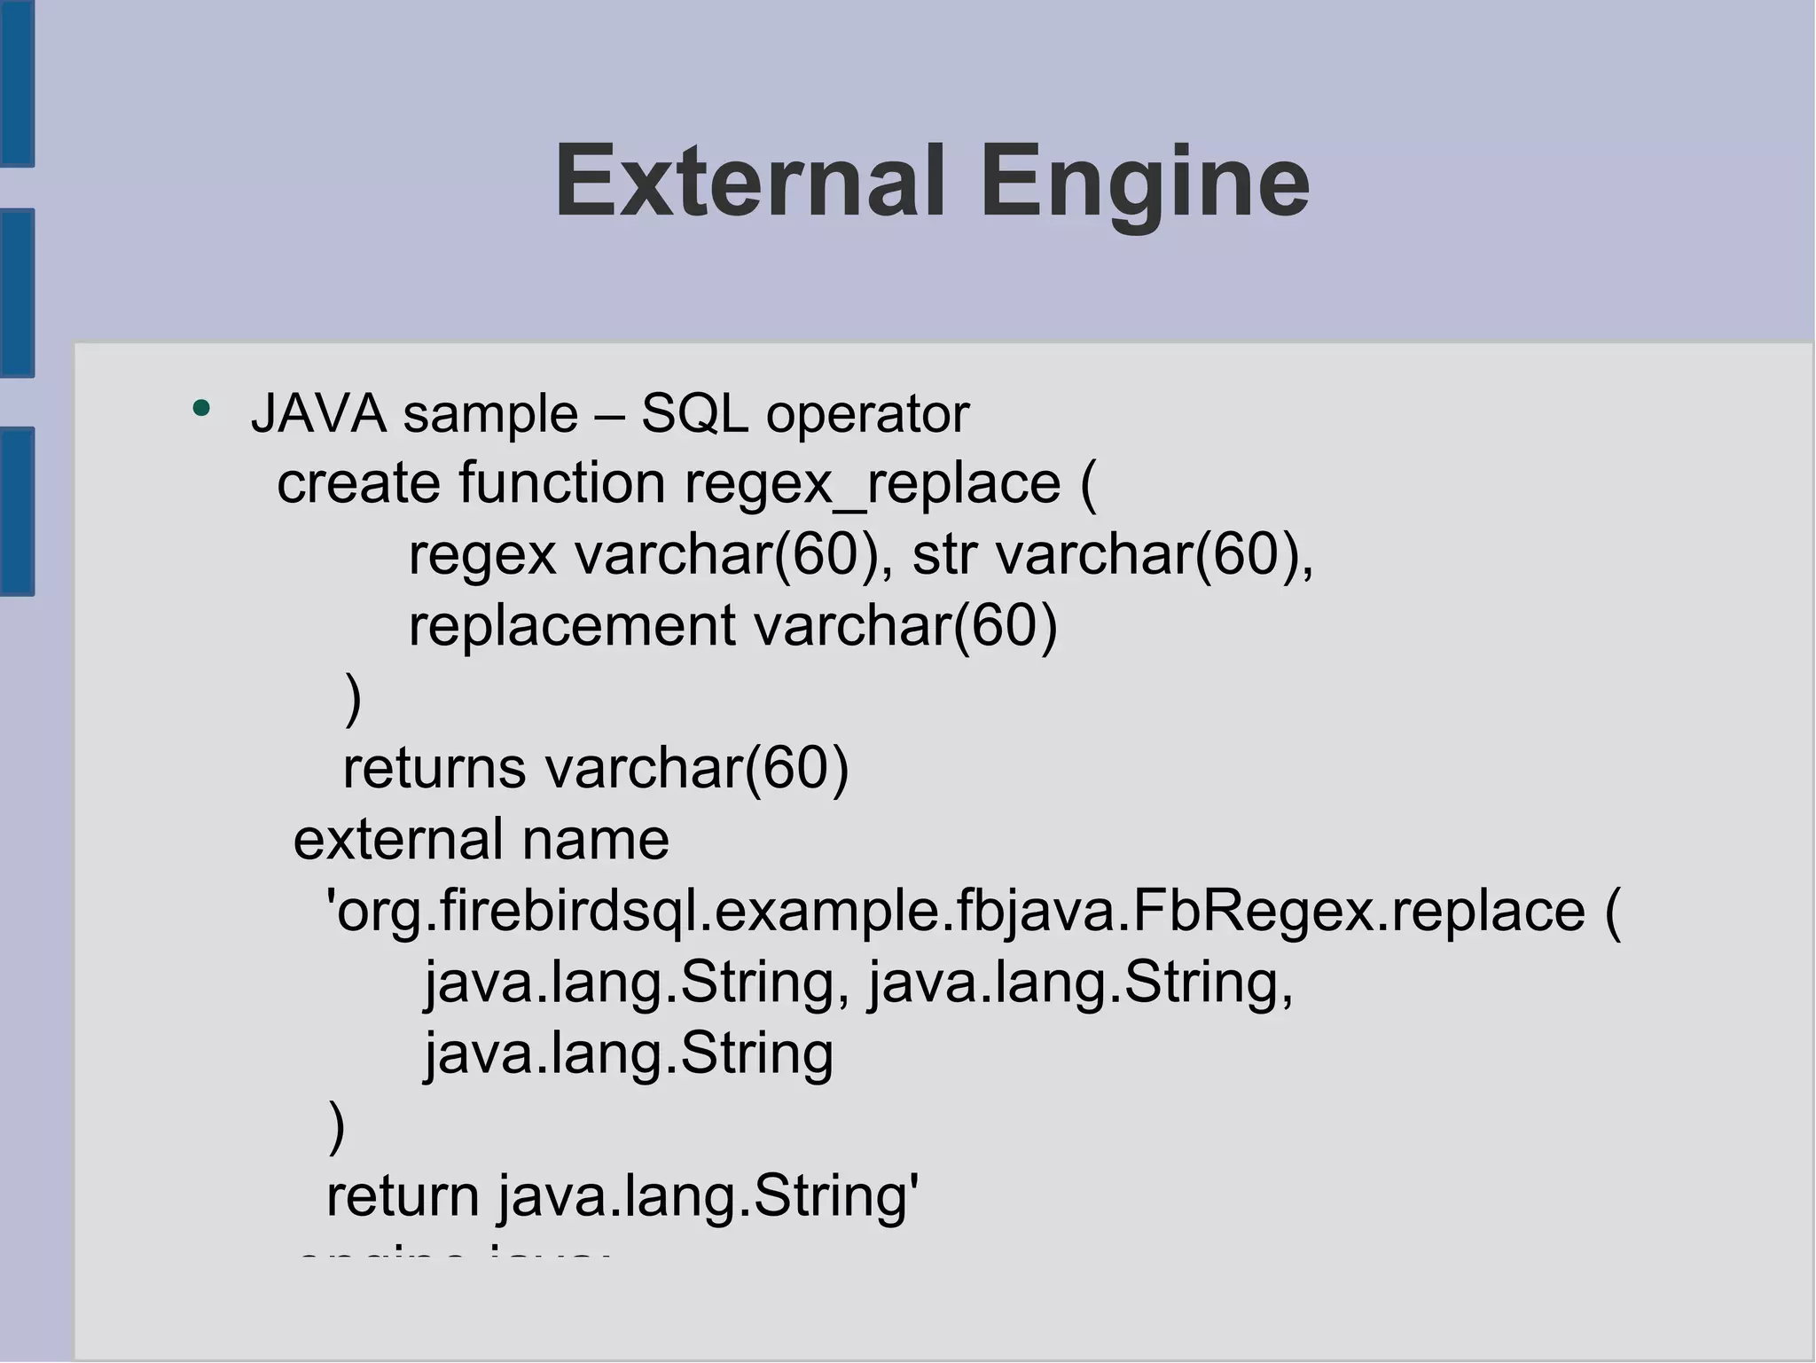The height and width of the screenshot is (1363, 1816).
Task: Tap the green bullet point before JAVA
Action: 202,409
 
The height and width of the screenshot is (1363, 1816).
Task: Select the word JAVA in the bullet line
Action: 318,414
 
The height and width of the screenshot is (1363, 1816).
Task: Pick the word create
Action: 358,484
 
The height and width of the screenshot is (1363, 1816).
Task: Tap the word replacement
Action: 572,626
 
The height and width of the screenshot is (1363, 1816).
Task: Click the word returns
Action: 434,768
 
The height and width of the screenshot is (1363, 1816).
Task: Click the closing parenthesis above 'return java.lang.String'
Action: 337,1126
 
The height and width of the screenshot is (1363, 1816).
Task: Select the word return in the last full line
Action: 403,1196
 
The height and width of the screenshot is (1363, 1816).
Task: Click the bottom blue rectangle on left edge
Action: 17,511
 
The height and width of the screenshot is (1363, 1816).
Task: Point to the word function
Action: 562,484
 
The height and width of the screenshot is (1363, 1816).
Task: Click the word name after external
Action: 595,840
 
